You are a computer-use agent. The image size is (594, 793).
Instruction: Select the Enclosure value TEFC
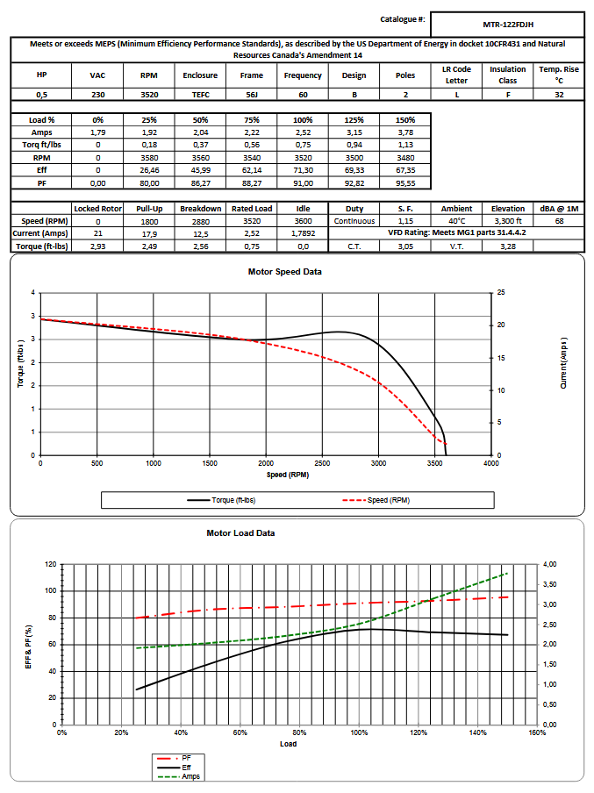tap(200, 94)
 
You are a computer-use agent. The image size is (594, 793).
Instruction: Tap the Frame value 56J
tap(251, 94)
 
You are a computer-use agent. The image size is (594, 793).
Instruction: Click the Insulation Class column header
tap(507, 75)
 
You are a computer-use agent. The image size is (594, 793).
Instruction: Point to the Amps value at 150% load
tap(405, 132)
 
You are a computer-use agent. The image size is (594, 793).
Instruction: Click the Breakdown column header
tap(200, 209)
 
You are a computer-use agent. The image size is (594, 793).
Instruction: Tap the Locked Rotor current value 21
tap(98, 233)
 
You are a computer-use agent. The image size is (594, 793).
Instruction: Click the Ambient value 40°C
tap(456, 221)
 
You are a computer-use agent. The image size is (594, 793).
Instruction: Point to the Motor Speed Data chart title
tap(285, 271)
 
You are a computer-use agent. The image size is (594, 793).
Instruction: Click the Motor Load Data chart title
tap(240, 532)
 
